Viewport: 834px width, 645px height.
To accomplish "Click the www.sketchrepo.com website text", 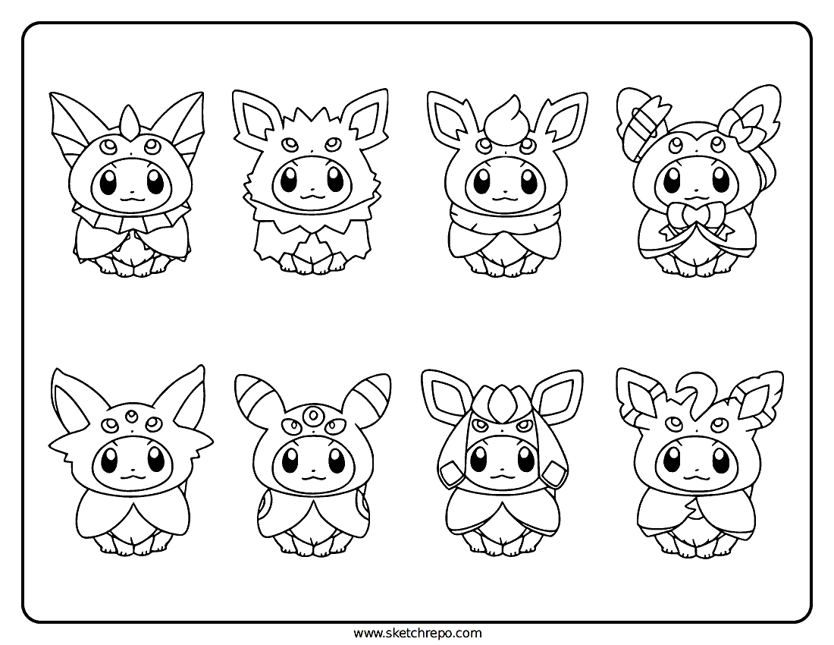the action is pyautogui.click(x=418, y=633).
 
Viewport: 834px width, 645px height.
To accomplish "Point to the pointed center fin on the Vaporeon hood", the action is pyautogui.click(x=128, y=121).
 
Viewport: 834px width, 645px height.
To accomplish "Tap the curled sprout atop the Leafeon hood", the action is pyautogui.click(x=692, y=391).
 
